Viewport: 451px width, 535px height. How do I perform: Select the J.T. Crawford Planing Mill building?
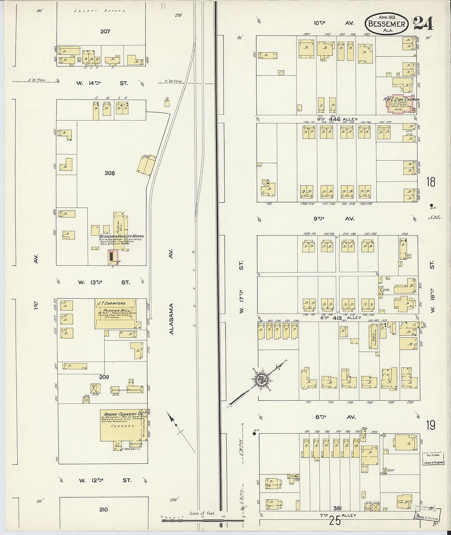(116, 314)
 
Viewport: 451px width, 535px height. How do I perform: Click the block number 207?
(105, 31)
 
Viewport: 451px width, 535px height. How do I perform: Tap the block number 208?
(109, 173)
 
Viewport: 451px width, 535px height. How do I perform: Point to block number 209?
(104, 376)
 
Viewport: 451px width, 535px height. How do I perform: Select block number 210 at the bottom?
(103, 510)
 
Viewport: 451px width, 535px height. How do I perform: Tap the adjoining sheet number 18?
(430, 182)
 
